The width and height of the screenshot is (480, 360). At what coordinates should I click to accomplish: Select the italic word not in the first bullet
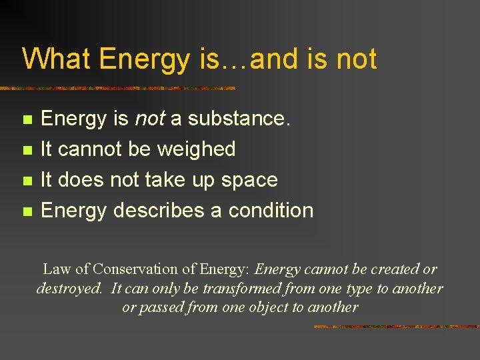click(150, 119)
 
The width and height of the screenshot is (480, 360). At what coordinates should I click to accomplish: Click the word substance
click(239, 119)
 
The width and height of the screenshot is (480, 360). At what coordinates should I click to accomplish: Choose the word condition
click(271, 210)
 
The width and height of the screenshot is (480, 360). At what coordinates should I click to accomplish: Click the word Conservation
click(136, 269)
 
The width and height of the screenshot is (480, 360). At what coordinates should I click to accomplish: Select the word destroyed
click(69, 289)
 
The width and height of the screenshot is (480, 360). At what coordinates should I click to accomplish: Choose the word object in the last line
click(266, 308)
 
